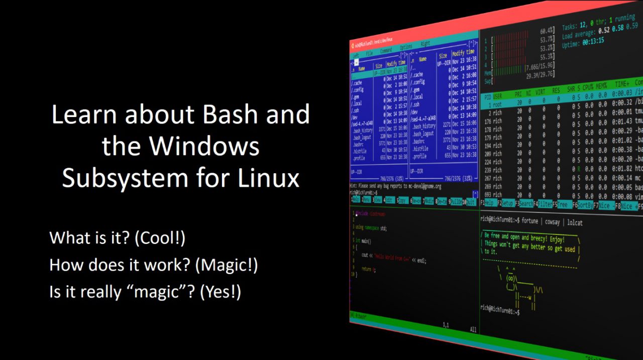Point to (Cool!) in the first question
[x=160, y=237]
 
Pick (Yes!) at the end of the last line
[x=221, y=292]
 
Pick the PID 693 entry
[x=487, y=194]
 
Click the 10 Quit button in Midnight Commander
[x=468, y=202]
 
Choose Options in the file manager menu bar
[x=405, y=47]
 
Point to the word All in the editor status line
[x=473, y=330]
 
